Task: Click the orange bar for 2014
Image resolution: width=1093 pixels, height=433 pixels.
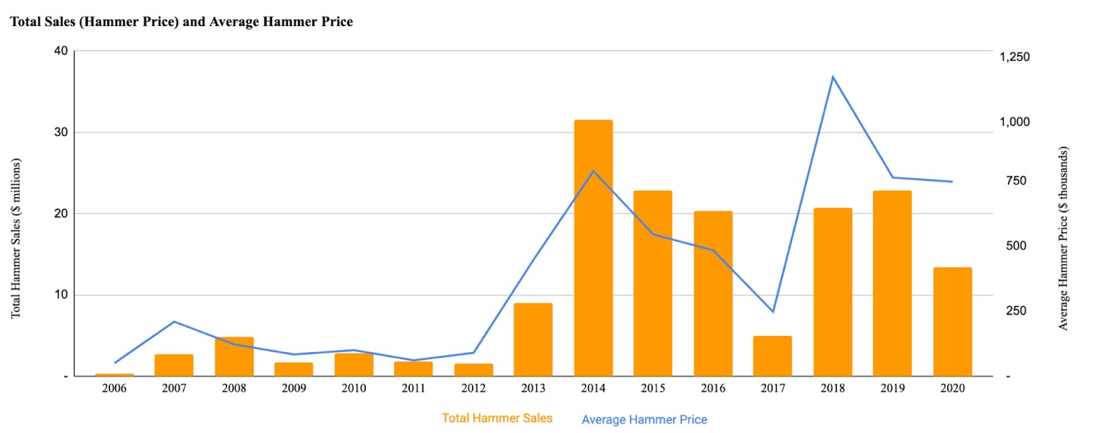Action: [x=593, y=248]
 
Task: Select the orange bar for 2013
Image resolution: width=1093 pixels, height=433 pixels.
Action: [x=533, y=340]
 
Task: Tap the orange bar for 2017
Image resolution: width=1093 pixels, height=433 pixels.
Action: [x=772, y=356]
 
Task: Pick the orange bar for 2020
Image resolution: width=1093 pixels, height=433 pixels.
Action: [x=952, y=322]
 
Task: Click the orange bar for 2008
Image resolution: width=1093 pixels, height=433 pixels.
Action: [x=234, y=357]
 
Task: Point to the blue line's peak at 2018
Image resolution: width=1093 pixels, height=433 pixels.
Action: [x=833, y=76]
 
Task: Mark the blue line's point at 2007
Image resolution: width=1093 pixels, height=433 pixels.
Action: [x=174, y=322]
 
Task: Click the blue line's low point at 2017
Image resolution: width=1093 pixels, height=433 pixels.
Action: [x=773, y=312]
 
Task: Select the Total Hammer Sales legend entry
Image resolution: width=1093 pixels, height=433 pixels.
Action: [x=496, y=418]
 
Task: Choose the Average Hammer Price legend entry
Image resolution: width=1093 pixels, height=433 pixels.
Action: [x=644, y=419]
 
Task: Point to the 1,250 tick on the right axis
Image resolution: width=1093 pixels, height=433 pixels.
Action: [x=1030, y=57]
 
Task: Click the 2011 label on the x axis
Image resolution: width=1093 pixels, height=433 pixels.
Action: [x=413, y=389]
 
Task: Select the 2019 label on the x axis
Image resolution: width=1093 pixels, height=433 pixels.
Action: [x=893, y=389]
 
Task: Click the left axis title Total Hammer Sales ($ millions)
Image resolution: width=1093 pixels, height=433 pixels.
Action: [x=16, y=238]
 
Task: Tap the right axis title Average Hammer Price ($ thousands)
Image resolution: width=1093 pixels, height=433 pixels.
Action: [x=1063, y=238]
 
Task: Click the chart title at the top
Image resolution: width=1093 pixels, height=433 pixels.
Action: [x=181, y=22]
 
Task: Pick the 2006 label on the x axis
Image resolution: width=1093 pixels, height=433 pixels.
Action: [x=114, y=389]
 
